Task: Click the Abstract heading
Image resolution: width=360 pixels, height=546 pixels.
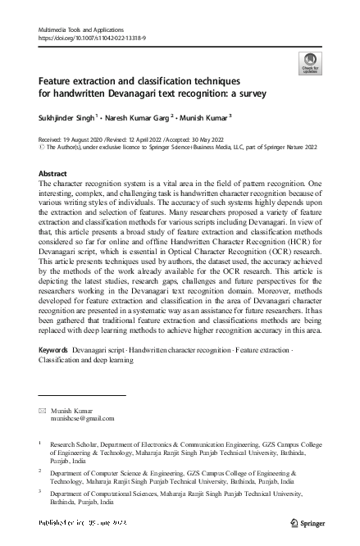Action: pyautogui.click(x=53, y=174)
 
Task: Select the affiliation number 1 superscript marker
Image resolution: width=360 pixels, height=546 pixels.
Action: pyautogui.click(x=40, y=443)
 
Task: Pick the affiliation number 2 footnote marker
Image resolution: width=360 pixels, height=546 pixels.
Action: pyautogui.click(x=40, y=472)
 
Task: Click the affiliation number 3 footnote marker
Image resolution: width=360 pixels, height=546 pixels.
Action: pyautogui.click(x=40, y=494)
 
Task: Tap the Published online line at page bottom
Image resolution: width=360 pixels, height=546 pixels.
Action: pyautogui.click(x=82, y=522)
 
